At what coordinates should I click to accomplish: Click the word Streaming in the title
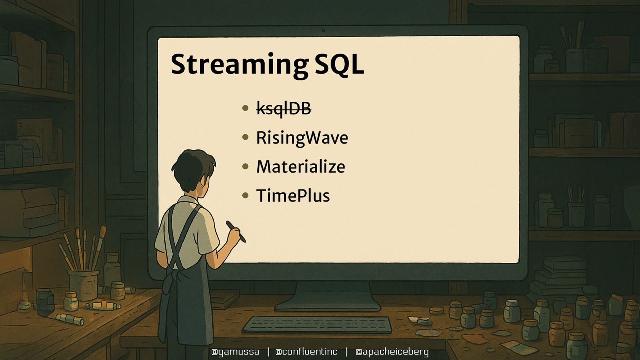(x=239, y=65)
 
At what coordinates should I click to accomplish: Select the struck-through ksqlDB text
(x=284, y=108)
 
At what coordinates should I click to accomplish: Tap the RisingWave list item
(x=302, y=138)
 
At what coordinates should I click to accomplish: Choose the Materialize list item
(x=300, y=167)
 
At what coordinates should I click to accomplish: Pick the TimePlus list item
(x=293, y=196)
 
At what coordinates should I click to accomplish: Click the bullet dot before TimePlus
(x=246, y=196)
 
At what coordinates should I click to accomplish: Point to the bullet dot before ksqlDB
(x=246, y=108)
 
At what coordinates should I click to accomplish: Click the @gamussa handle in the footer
(x=235, y=352)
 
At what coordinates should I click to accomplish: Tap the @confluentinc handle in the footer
(x=306, y=352)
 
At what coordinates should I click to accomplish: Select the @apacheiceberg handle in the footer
(x=392, y=352)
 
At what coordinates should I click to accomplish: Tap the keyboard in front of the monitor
(x=317, y=324)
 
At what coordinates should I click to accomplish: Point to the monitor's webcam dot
(x=323, y=31)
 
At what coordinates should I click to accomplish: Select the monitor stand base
(x=327, y=306)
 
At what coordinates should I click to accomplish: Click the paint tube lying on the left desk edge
(x=70, y=319)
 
